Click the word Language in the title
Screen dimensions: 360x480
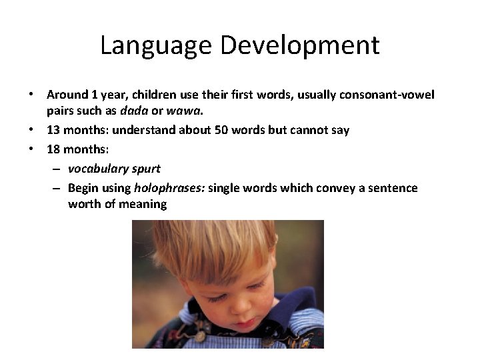[155, 45]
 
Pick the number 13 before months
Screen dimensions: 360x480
[53, 130]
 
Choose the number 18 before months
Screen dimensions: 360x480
[53, 149]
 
